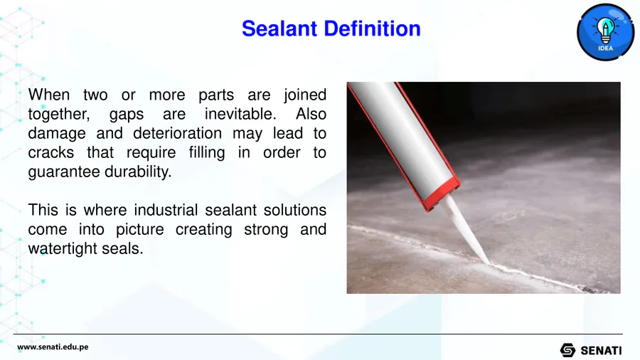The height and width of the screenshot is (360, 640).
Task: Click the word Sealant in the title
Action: pyautogui.click(x=279, y=28)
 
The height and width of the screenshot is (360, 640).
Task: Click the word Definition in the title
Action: pyautogui.click(x=372, y=28)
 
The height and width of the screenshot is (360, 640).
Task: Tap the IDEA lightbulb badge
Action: pyautogui.click(x=605, y=32)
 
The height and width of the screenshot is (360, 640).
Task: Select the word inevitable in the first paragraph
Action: pyautogui.click(x=240, y=114)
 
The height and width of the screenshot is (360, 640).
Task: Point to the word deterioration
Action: pyautogui.click(x=178, y=133)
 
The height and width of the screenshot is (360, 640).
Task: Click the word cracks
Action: pyautogui.click(x=51, y=152)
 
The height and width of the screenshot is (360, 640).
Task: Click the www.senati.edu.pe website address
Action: pyautogui.click(x=53, y=347)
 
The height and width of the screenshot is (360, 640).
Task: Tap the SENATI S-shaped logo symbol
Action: pyautogui.click(x=567, y=350)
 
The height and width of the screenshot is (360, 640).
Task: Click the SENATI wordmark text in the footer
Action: pyautogui.click(x=601, y=351)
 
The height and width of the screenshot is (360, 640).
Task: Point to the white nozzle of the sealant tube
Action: pyautogui.click(x=467, y=229)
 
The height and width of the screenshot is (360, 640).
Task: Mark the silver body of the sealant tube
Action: pyautogui.click(x=402, y=134)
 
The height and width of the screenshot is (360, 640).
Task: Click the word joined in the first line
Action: pyautogui.click(x=305, y=95)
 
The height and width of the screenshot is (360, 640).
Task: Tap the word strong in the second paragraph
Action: pyautogui.click(x=266, y=229)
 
